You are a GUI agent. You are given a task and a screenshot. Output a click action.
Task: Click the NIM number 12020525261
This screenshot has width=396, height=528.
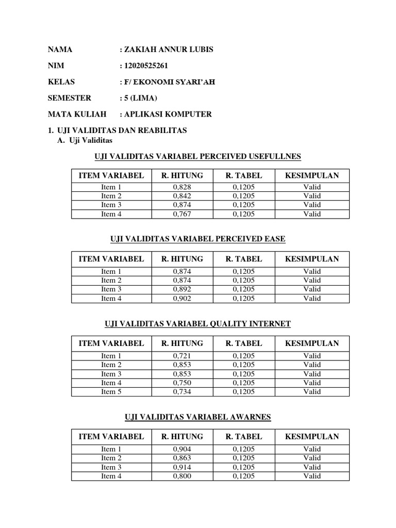pos(146,65)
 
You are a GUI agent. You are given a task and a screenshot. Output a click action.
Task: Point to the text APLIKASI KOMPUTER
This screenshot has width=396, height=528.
pos(168,114)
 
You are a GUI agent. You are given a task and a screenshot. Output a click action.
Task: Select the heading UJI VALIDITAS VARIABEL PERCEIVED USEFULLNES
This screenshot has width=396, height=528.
pos(198,156)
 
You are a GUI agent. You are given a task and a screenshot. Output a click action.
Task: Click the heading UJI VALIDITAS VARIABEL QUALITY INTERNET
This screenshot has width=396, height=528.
pos(198,324)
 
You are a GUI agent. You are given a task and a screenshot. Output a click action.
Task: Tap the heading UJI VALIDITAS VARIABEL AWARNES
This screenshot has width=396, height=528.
pos(198,417)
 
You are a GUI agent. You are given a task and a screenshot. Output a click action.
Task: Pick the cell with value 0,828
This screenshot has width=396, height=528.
pos(182,187)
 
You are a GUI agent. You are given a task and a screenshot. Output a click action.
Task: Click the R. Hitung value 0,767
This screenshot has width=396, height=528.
pos(182,214)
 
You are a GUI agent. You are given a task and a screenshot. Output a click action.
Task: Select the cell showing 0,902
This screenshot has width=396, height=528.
pos(182,298)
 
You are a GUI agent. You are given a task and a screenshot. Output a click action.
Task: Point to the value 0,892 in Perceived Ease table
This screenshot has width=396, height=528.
pos(182,289)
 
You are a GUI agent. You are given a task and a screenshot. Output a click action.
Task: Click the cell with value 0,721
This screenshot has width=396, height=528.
pos(182,356)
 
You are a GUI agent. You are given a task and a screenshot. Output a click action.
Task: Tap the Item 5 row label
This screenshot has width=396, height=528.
pos(111,392)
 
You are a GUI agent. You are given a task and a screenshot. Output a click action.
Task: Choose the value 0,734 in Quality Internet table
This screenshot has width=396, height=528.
pos(182,392)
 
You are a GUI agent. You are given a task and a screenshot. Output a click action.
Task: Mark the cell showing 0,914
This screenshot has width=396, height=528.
pos(182,467)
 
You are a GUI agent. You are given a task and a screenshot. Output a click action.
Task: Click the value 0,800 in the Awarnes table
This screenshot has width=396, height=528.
pos(182,476)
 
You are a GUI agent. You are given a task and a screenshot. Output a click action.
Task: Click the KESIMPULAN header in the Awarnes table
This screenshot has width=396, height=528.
pos(312,436)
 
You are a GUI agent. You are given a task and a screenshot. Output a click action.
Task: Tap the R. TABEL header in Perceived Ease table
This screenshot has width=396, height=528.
pos(244,259)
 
